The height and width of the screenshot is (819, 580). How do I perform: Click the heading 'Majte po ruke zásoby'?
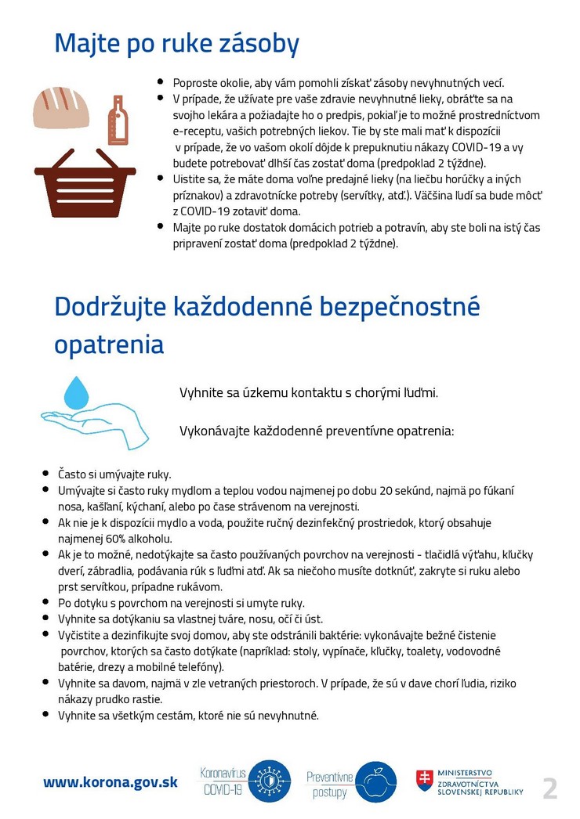pos(176,44)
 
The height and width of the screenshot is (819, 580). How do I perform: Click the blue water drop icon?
pos(77,392)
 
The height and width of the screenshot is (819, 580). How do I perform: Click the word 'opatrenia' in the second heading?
pos(109,345)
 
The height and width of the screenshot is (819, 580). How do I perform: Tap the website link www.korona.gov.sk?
pos(111,781)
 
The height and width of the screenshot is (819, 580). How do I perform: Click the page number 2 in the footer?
pos(550,788)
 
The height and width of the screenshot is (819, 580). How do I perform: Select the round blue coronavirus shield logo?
pos(269,781)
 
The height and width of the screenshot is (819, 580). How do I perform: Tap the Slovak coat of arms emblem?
pos(424,781)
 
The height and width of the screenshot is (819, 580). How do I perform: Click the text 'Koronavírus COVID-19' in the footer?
pos(223,781)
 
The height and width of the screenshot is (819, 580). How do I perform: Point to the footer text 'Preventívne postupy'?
pos(329,784)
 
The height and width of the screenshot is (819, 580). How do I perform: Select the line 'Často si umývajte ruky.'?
pos(114,474)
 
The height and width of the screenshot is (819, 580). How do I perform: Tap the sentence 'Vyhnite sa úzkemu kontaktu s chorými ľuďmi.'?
pos(309,392)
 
